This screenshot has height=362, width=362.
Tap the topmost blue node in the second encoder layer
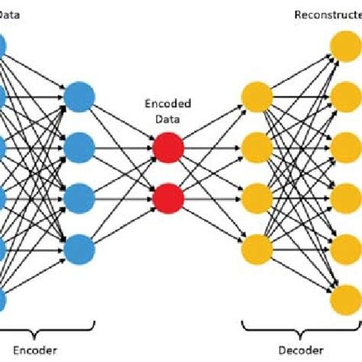79,98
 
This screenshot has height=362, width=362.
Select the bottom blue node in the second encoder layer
79,249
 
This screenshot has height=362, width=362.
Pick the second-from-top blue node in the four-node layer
79,148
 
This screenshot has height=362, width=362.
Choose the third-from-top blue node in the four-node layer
79,199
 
